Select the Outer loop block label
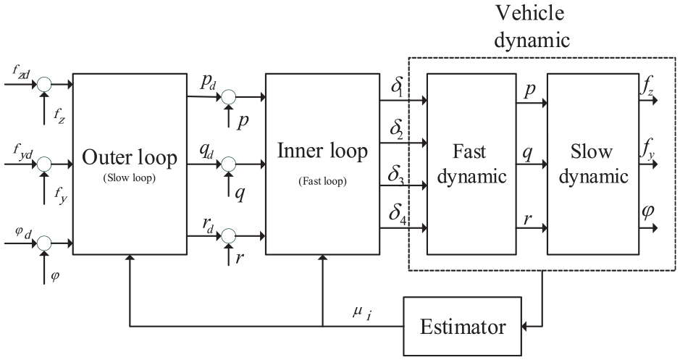click(130, 158)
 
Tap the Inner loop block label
click(322, 151)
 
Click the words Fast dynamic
click(471, 164)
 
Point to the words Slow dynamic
click(593, 164)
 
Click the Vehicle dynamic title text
click(532, 26)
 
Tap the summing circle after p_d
click(229, 97)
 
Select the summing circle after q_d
click(229, 164)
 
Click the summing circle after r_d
click(229, 236)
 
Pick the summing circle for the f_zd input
click(43, 84)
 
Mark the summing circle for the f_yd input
click(43, 164)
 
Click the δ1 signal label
click(398, 87)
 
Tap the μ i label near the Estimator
click(362, 313)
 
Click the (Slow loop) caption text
click(129, 178)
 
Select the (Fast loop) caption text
click(323, 181)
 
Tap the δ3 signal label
click(396, 175)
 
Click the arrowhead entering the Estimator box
click(526, 326)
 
